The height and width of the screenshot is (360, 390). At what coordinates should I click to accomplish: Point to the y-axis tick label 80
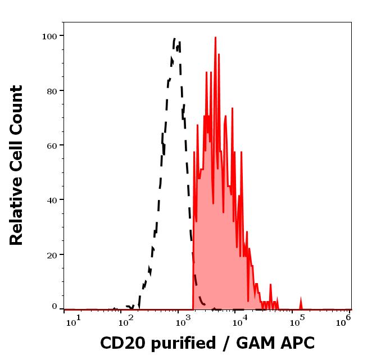click(x=52, y=90)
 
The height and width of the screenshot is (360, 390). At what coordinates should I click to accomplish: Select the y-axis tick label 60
click(x=52, y=145)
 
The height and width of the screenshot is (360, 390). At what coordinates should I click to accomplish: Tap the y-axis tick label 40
click(x=52, y=200)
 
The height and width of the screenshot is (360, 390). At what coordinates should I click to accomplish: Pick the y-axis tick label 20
click(x=52, y=254)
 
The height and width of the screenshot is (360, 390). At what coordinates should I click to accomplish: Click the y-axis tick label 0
click(x=55, y=307)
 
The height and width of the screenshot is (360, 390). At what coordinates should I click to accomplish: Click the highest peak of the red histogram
click(x=215, y=38)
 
